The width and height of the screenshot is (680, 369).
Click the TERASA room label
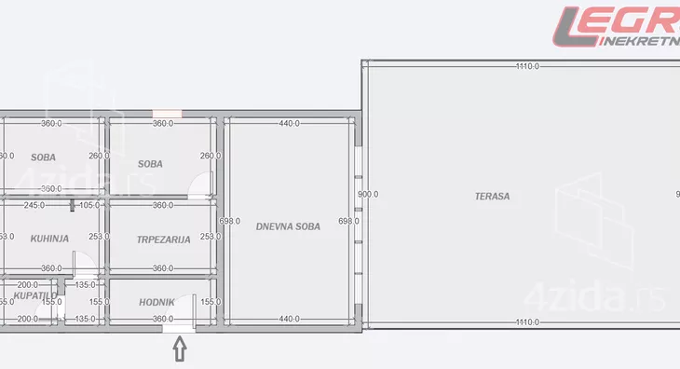point(492,197)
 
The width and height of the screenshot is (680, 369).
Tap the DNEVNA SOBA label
point(288,226)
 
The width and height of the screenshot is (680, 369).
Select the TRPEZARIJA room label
point(163,239)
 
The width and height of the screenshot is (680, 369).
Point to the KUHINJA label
point(50,239)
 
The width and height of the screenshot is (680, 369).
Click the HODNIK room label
point(156,302)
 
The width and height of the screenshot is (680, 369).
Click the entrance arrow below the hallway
point(180,349)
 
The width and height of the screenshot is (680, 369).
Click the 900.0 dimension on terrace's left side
point(368,194)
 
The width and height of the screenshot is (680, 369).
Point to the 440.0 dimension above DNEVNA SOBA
point(288,123)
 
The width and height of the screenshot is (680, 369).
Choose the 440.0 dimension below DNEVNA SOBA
point(288,320)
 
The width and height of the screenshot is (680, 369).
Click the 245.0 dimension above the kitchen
point(34,205)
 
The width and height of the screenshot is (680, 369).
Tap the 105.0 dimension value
point(88,205)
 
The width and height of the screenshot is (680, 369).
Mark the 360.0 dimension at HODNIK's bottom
point(163,320)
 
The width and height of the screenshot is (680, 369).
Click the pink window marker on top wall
point(168,114)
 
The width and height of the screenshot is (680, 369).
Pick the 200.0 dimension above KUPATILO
point(28,285)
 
